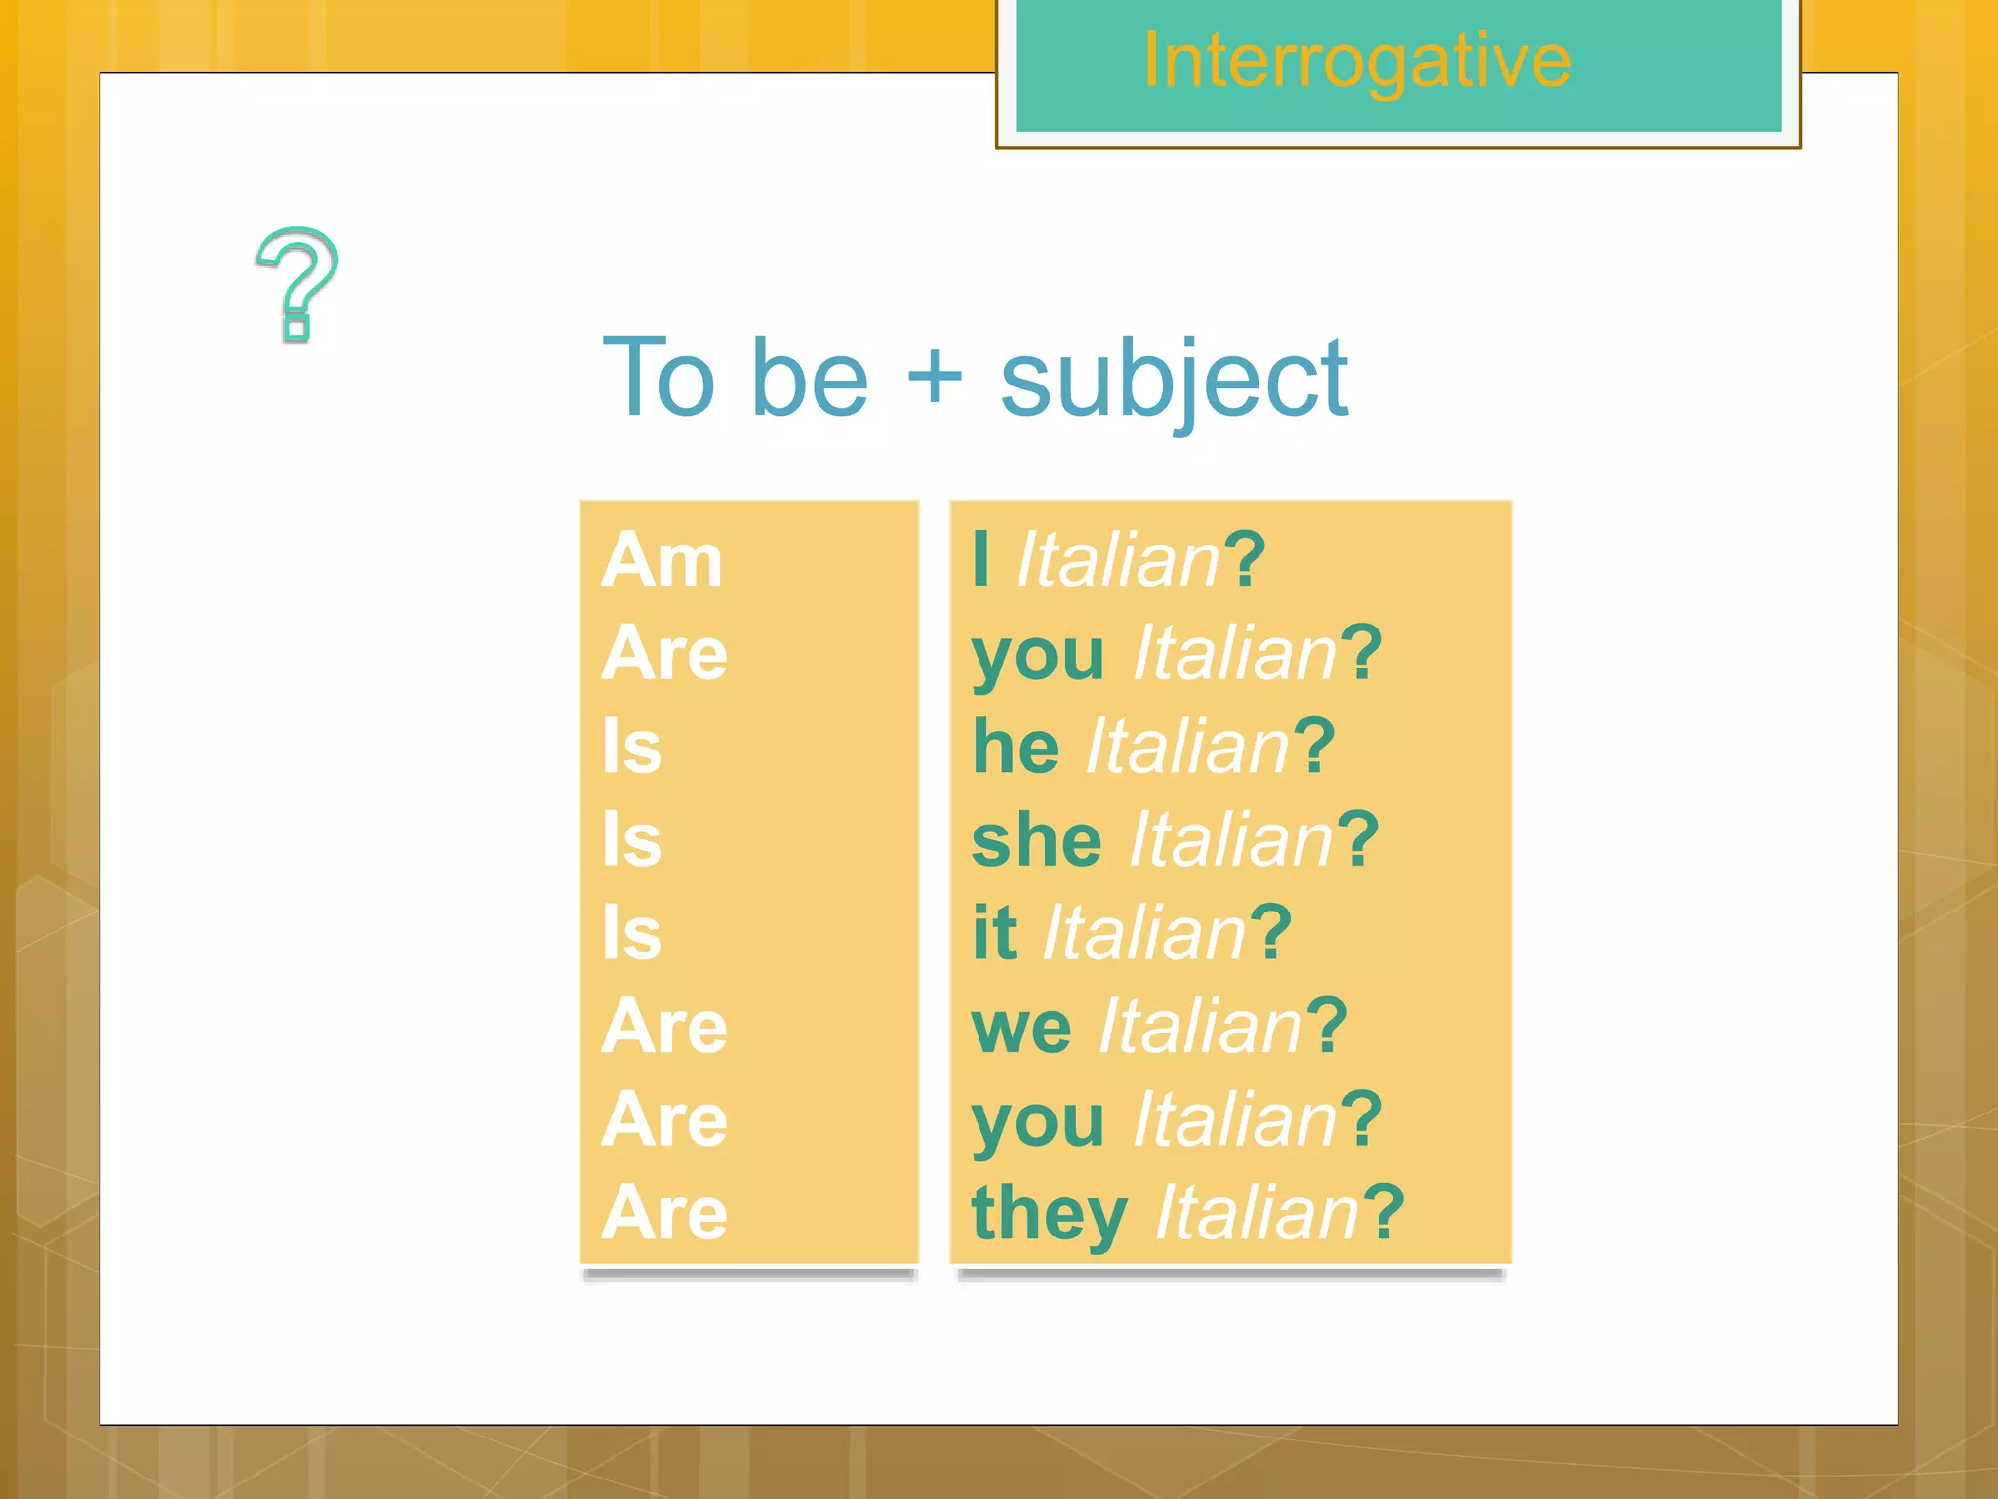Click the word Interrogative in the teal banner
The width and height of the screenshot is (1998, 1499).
click(x=1356, y=61)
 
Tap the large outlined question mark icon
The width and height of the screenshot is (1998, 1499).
click(x=297, y=283)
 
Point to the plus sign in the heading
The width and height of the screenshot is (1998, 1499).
click(x=934, y=377)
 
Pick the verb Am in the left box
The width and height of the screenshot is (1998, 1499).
click(x=661, y=560)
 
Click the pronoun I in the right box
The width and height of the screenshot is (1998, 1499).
click(x=981, y=560)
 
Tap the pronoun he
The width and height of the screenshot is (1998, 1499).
click(x=1016, y=747)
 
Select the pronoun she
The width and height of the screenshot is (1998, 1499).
click(x=1036, y=840)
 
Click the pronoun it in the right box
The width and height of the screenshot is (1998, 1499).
click(x=994, y=933)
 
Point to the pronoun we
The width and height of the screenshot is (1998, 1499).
click(x=1021, y=1027)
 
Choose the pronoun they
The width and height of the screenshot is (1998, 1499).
click(x=1050, y=1213)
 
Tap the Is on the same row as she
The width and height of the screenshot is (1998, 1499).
click(x=632, y=840)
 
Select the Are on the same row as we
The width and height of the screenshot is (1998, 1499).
click(x=664, y=1027)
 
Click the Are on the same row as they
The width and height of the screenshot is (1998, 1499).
click(x=664, y=1213)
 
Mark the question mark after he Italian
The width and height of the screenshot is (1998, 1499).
click(x=1315, y=747)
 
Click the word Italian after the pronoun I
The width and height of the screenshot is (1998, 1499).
click(x=1118, y=560)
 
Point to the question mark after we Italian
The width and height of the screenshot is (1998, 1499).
click(x=1328, y=1027)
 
